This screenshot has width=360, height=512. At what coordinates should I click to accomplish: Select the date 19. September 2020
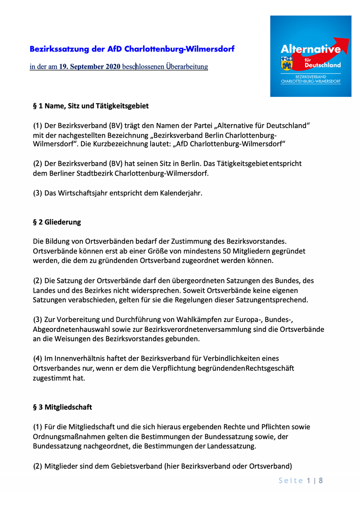tap(90, 67)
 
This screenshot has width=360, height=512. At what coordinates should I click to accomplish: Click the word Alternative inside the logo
tap(310, 49)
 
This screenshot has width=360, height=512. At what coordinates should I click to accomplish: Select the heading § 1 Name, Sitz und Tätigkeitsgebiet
tap(90, 106)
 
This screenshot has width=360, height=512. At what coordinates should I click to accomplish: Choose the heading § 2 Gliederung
tap(57, 222)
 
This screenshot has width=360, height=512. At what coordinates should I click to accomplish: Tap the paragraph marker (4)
tap(38, 358)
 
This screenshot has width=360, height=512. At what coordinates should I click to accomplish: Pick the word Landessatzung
tap(229, 446)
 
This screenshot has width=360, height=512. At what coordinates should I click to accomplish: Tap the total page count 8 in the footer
tap(321, 480)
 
